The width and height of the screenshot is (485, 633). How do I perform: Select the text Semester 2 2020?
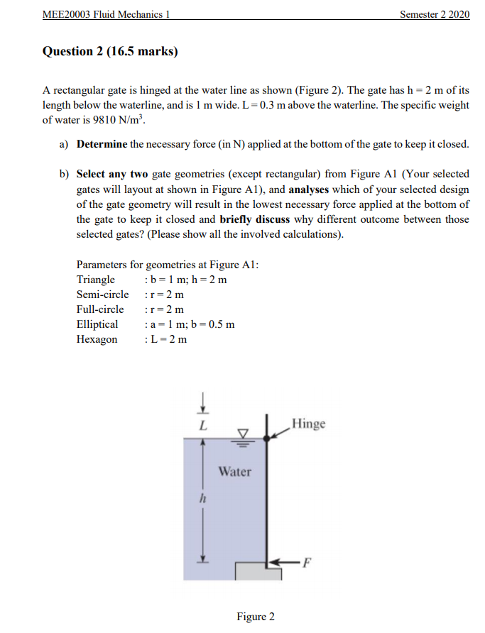coord(435,15)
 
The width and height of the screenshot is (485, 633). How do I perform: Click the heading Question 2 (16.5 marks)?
coord(110,51)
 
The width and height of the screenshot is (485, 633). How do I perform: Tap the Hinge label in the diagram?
coord(309,424)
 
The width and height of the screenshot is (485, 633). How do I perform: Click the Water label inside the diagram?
coord(234,471)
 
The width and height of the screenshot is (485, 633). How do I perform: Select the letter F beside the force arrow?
coord(307,565)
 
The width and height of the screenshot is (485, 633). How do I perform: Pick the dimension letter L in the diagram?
coord(203,426)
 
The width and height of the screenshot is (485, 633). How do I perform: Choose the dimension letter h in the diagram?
coord(203,499)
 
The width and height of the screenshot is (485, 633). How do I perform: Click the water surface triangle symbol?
coord(243,433)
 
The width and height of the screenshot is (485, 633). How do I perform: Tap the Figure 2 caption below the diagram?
coord(256,617)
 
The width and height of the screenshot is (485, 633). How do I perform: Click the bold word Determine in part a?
coord(102,144)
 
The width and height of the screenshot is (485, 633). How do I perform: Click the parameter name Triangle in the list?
coord(96,280)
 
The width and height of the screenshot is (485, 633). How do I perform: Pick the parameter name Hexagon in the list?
coord(97,339)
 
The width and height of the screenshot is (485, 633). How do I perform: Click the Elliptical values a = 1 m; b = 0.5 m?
coord(190,324)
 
